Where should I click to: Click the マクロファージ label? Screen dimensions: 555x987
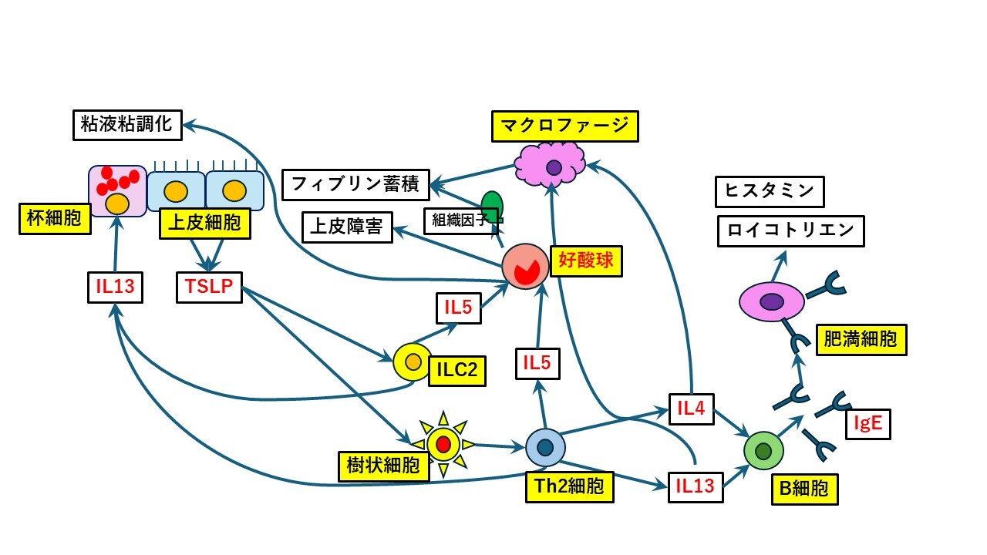click(x=565, y=126)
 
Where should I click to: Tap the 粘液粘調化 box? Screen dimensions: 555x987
click(x=127, y=125)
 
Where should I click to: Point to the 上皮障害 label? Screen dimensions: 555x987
click(x=347, y=227)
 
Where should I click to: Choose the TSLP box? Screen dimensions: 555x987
click(x=208, y=288)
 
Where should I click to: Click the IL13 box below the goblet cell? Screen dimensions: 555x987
click(x=115, y=288)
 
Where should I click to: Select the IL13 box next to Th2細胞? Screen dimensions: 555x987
click(x=696, y=486)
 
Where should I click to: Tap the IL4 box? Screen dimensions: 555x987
click(x=691, y=409)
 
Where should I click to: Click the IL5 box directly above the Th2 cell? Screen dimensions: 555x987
click(x=537, y=363)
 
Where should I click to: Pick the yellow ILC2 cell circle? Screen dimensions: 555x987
click(x=413, y=362)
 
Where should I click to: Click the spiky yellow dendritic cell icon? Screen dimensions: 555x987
click(x=443, y=444)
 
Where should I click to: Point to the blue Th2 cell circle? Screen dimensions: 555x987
click(x=545, y=447)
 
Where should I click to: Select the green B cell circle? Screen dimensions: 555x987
click(x=763, y=450)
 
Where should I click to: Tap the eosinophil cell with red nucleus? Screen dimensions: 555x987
click(x=525, y=267)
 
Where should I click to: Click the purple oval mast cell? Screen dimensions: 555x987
click(x=771, y=301)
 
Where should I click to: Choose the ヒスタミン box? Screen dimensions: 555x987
click(x=770, y=192)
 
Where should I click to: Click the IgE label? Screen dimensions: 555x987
click(x=867, y=423)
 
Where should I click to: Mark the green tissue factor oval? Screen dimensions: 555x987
click(x=492, y=206)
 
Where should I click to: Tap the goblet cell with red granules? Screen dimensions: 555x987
click(x=117, y=190)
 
